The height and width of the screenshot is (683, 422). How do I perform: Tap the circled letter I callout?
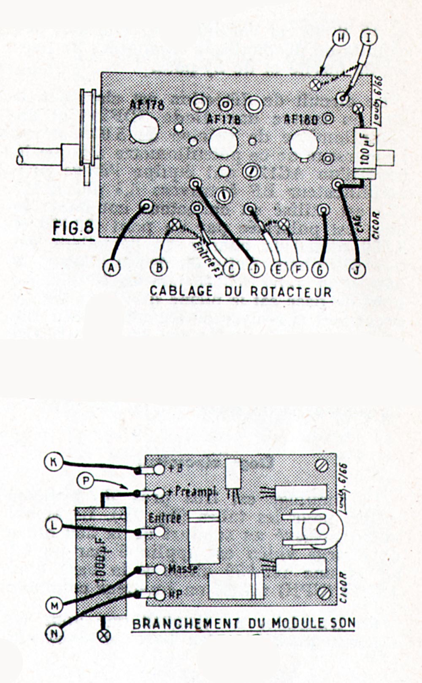pos(369,38)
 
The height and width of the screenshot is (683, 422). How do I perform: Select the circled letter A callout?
pos(111,267)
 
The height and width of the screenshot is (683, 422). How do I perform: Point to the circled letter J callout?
pos(357,269)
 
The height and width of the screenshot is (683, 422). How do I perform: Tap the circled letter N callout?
pos(54,633)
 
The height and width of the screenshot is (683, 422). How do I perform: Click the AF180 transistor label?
pos(300,119)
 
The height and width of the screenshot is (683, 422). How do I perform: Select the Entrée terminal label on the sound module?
pos(165,518)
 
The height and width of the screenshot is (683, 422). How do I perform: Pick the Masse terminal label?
pos(183,569)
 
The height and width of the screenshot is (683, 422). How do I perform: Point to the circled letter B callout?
pos(159,268)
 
